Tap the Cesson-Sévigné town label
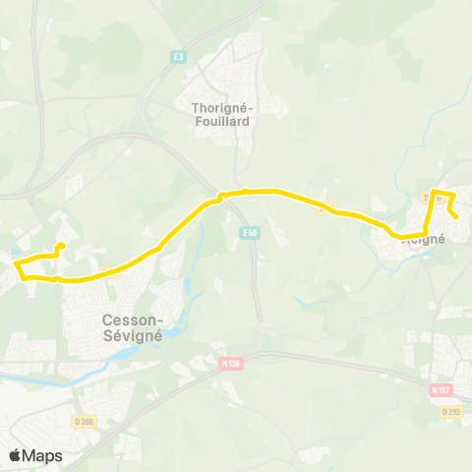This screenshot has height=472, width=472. click(132, 326)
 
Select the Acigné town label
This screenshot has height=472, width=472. click(425, 238)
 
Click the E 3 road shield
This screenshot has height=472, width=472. click(177, 56)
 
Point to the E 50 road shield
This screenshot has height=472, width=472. click(249, 232)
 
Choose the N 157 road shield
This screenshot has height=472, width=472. click(440, 389)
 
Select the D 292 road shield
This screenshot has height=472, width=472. click(450, 411)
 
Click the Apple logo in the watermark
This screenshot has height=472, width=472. click(16, 455)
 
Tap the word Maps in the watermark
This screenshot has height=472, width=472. click(42, 455)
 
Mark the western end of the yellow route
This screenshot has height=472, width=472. click(61, 246)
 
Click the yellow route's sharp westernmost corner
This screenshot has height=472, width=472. click(15, 263)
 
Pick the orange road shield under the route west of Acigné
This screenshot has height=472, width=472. click(324, 206)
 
